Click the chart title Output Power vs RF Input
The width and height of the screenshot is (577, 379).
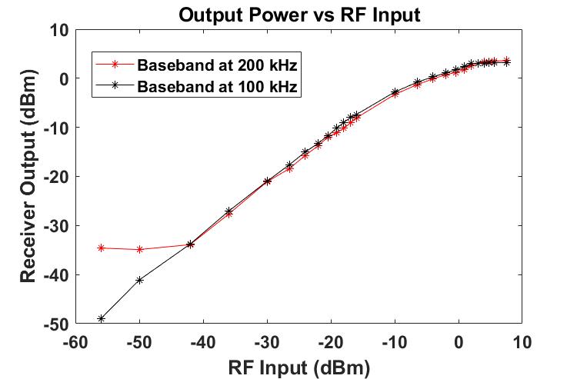(299, 15)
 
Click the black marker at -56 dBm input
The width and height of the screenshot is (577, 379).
(101, 318)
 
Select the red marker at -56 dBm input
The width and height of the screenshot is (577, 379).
(101, 248)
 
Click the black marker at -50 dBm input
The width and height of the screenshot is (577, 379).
(139, 280)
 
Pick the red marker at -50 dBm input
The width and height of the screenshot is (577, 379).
(139, 250)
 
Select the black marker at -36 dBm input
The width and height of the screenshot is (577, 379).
(228, 211)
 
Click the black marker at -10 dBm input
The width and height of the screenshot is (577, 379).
(395, 91)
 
